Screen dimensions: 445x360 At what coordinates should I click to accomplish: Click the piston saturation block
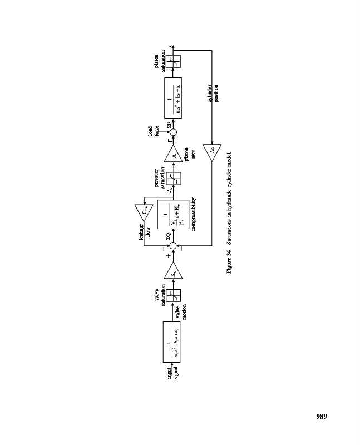(x=173, y=62)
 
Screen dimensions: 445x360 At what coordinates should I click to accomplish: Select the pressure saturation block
(x=173, y=178)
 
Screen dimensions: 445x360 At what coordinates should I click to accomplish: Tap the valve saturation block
(x=173, y=295)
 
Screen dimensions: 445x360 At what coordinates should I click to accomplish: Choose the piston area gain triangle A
(x=173, y=156)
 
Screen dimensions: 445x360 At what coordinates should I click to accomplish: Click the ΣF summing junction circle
(x=173, y=132)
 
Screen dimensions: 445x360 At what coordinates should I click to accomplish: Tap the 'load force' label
(x=153, y=132)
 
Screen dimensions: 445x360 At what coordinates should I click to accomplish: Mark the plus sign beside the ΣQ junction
(x=167, y=256)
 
